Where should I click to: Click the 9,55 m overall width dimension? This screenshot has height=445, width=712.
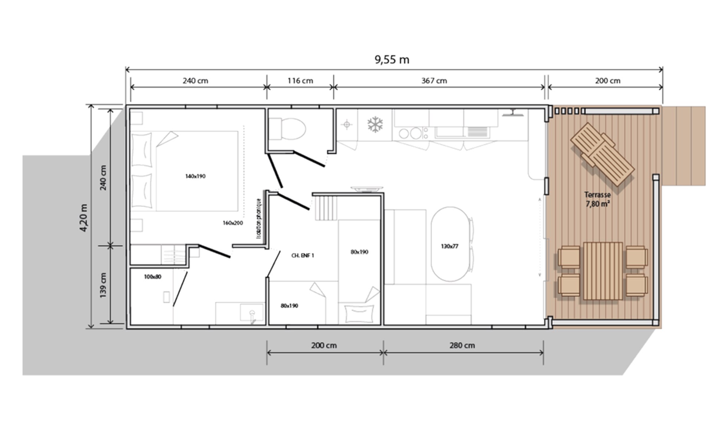coord(392,60)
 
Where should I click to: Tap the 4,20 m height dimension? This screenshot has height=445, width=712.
coord(84,218)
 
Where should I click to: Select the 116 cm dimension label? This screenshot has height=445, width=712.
coord(300,81)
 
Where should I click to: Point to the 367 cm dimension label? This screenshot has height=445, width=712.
coord(434,81)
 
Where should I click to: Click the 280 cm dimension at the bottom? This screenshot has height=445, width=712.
coord(462,346)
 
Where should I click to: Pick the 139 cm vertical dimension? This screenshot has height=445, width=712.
coord(103,285)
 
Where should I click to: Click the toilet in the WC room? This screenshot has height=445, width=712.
coord(287,129)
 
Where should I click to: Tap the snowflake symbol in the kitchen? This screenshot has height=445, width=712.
coord(375,125)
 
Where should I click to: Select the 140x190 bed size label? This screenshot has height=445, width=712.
coord(195,176)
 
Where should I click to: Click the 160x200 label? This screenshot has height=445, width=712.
coord(233,223)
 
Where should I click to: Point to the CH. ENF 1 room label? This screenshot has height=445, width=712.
coord(303,256)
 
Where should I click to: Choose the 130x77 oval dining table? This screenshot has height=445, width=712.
coord(450,244)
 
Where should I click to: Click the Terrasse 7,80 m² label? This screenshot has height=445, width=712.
coord(597,199)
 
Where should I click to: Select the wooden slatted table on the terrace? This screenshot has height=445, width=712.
coord(603,271)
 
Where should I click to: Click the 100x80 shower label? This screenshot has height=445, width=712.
coord(152,277)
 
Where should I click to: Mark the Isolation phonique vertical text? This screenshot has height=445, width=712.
coord(258,218)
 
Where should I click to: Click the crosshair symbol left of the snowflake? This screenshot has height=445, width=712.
coord(347,125)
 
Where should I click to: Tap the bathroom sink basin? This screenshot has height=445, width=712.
coord(251,312)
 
